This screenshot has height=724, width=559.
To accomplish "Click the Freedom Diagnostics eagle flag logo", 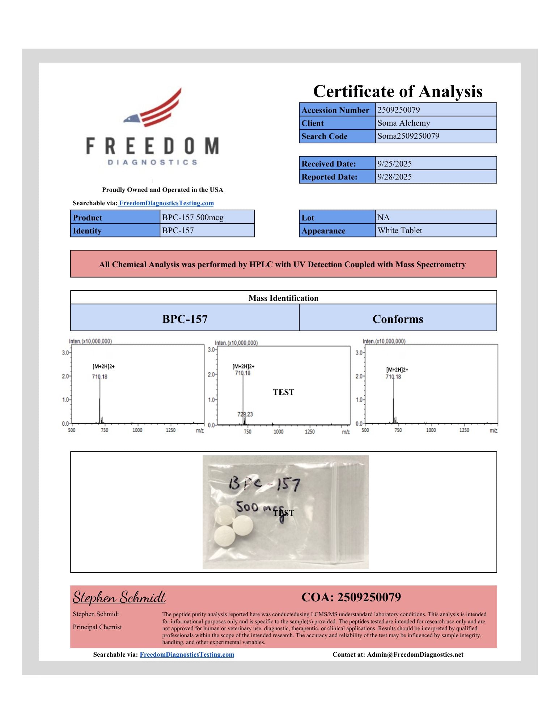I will click(x=154, y=108).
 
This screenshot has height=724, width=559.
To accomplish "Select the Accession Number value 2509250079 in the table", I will click(x=398, y=110).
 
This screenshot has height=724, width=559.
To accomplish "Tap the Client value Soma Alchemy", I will click(x=403, y=123).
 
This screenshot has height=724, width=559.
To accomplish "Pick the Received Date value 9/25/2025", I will click(x=394, y=164).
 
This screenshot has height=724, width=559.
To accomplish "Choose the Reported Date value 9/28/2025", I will click(x=394, y=177).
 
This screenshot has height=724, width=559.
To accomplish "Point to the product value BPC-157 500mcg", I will click(x=193, y=217).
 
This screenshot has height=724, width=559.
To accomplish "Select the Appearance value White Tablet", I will click(x=399, y=231).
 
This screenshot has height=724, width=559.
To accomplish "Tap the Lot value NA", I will click(x=384, y=217).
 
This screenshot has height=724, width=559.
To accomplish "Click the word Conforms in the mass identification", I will click(x=398, y=319).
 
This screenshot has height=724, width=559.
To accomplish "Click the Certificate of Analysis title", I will click(x=398, y=91).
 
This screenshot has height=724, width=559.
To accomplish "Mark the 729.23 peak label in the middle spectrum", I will click(x=245, y=414).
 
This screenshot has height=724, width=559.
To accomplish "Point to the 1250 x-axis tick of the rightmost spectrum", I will click(x=464, y=430).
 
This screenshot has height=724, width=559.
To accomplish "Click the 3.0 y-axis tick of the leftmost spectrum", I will click(x=65, y=353).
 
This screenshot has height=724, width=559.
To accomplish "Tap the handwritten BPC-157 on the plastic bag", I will click(x=264, y=484).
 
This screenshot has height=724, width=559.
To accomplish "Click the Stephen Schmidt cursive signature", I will click(x=119, y=597).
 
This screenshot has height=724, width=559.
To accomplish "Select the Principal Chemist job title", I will click(x=97, y=627).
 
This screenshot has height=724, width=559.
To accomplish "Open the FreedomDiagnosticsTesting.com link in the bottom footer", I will click(x=187, y=654).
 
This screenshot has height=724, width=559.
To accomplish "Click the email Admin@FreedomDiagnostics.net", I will click(x=415, y=654).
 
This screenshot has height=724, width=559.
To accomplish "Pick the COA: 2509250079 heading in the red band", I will click(x=351, y=597).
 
